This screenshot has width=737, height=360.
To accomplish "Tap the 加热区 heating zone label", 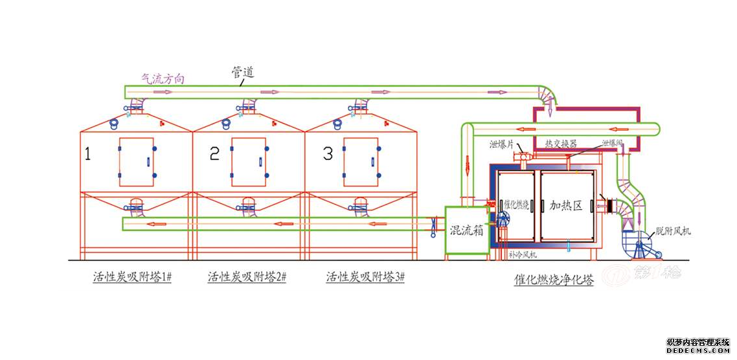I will (567, 206).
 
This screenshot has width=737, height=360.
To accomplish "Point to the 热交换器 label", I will (561, 143).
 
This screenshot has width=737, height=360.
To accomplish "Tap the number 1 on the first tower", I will (87, 153).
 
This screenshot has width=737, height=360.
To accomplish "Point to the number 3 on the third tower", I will (328, 153).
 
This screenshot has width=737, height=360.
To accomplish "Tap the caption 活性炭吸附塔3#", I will (365, 278).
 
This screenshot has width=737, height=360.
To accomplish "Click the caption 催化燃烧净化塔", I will (554, 281).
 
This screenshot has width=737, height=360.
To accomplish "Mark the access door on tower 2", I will (249, 162).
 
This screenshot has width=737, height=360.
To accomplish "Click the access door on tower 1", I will (137, 162).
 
